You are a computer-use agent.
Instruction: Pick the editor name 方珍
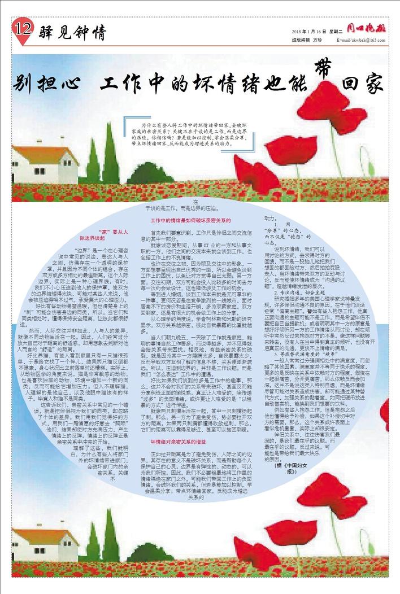317,41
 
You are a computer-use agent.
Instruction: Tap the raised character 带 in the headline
323,67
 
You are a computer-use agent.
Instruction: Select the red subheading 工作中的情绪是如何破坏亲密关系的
190,220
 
